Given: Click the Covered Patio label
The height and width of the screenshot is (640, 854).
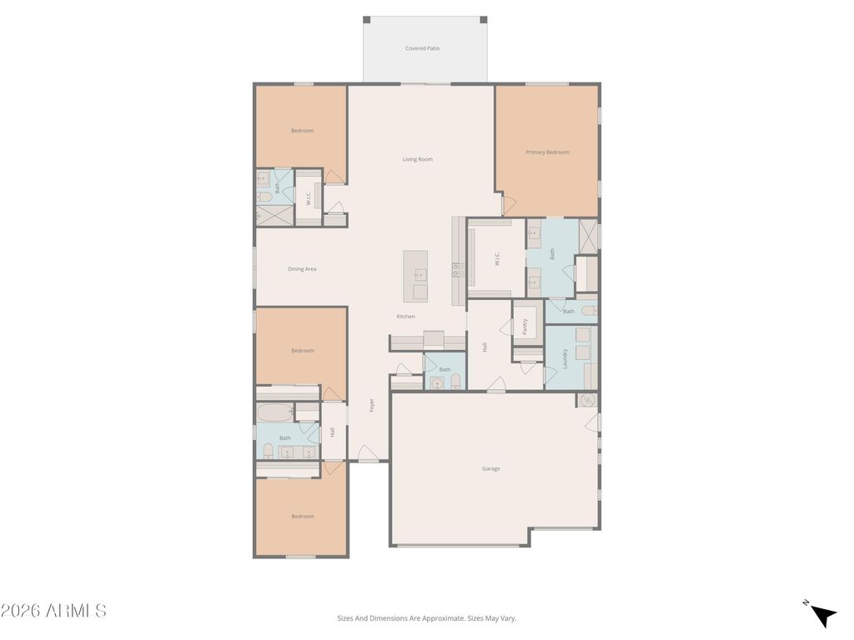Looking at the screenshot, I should coord(422,48).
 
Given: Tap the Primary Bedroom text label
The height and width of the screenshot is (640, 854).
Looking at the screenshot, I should coord(547,152).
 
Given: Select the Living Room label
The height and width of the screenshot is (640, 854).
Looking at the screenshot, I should coord(418,159).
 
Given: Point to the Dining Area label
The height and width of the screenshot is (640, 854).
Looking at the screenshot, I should coord(302,269).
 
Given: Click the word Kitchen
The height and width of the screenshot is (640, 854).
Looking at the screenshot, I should coord(405,317).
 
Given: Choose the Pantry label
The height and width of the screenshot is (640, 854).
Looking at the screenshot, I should coord(525,326).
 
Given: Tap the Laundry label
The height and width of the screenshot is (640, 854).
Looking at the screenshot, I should coord(565,358).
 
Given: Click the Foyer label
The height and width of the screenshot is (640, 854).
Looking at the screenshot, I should coord(372,406).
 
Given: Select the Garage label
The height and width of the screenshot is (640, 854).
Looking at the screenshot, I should coord(491,468).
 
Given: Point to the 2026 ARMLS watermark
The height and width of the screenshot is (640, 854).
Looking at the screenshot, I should coord(53,611).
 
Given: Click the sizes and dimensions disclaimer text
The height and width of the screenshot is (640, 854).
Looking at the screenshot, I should coord(426,618).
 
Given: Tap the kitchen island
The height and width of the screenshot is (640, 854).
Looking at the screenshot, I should coord(415,276).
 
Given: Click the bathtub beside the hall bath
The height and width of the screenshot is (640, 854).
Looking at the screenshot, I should coord(274,412).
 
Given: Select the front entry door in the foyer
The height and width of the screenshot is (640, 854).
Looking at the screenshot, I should coord(368,454).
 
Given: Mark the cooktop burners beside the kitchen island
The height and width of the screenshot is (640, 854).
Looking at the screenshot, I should coord(458,269).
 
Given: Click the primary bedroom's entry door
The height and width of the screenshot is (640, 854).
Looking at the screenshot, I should coord(510,204).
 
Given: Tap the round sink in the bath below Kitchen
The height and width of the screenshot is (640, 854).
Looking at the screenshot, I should coord(436,383).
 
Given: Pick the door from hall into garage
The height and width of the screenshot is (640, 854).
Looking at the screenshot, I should coord(496,385).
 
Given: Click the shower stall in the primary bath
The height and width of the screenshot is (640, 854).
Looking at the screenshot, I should coord(588,236).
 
